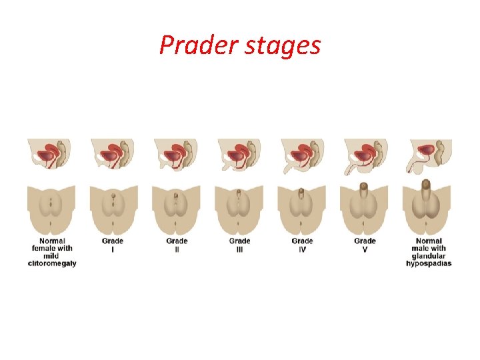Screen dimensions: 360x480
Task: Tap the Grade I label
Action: pos(112,245)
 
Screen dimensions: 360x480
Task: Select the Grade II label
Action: pos(177,245)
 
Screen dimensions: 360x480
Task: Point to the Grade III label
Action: pos(239,245)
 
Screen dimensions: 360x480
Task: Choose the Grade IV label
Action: pos(302,245)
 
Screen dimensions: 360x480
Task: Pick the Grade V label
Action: pos(365,245)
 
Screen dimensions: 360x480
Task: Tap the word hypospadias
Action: pos(429,263)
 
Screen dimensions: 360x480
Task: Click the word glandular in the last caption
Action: pos(429,256)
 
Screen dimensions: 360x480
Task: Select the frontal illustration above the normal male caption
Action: pos(427,207)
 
